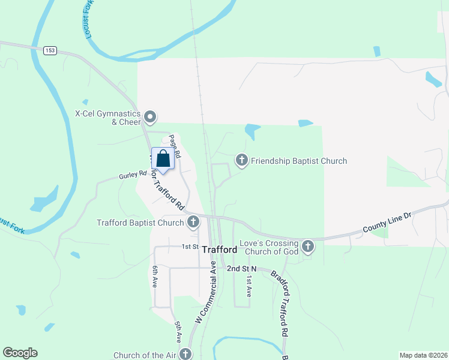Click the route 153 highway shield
50,51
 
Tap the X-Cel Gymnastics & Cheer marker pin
151,115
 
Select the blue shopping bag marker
163,160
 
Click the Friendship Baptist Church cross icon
241,160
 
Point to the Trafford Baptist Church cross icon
193,223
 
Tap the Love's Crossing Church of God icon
308,246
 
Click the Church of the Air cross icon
186,355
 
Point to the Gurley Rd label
133,175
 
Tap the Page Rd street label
175,145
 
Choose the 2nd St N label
241,269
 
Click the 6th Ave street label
155,276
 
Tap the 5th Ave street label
178,331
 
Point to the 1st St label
190,247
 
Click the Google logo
20,353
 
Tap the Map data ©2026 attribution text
423,355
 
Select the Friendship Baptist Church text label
299,161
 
